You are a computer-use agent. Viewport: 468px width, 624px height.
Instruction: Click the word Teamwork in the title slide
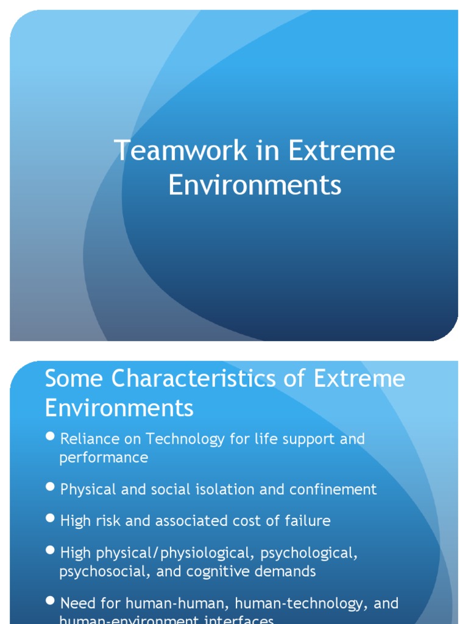click(x=180, y=151)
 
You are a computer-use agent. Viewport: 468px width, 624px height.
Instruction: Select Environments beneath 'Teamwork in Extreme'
click(x=255, y=185)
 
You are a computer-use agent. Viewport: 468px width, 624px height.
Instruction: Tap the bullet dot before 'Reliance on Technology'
click(x=50, y=438)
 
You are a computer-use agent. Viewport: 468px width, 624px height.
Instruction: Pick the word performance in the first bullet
click(x=104, y=458)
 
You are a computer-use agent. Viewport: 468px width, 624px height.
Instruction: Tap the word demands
click(x=286, y=572)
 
